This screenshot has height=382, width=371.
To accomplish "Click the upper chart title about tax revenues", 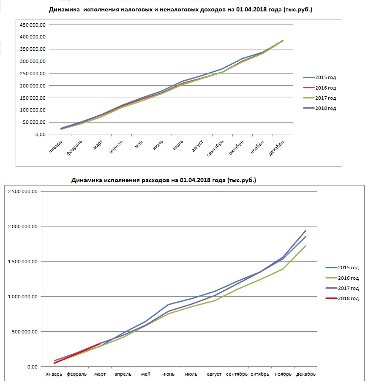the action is click(180, 9).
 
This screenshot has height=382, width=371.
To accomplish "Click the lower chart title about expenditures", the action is click(164, 180).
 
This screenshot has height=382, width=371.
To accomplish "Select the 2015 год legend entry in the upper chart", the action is click(319, 77).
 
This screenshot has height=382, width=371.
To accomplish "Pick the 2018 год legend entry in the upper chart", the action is click(319, 108).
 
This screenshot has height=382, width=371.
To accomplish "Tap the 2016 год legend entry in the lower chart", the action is click(342, 278).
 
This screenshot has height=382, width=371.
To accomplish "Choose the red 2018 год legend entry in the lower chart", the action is click(342, 298).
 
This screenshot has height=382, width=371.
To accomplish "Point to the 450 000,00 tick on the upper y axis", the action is click(33, 25).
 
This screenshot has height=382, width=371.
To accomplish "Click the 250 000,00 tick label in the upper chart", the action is click(33, 74).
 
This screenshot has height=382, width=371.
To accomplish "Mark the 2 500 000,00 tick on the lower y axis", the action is click(23, 191).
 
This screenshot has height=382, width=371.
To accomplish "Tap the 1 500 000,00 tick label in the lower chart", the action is click(23, 262).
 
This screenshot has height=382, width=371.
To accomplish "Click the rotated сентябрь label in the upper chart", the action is click(215, 148).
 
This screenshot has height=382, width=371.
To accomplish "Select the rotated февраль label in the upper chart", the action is click(74, 148).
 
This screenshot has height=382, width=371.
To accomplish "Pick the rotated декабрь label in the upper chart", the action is click(276, 148).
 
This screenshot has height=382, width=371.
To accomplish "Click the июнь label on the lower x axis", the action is click(168, 374).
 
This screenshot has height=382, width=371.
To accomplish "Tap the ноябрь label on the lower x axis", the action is click(283, 374).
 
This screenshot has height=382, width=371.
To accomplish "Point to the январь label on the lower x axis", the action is click(54, 374).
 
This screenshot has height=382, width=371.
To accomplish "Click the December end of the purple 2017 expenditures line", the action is click(306, 230).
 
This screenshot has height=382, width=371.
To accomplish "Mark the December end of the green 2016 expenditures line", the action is click(306, 246).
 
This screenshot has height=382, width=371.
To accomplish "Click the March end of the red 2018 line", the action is click(100, 344).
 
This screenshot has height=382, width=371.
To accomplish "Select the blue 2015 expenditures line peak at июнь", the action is click(168, 305).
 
